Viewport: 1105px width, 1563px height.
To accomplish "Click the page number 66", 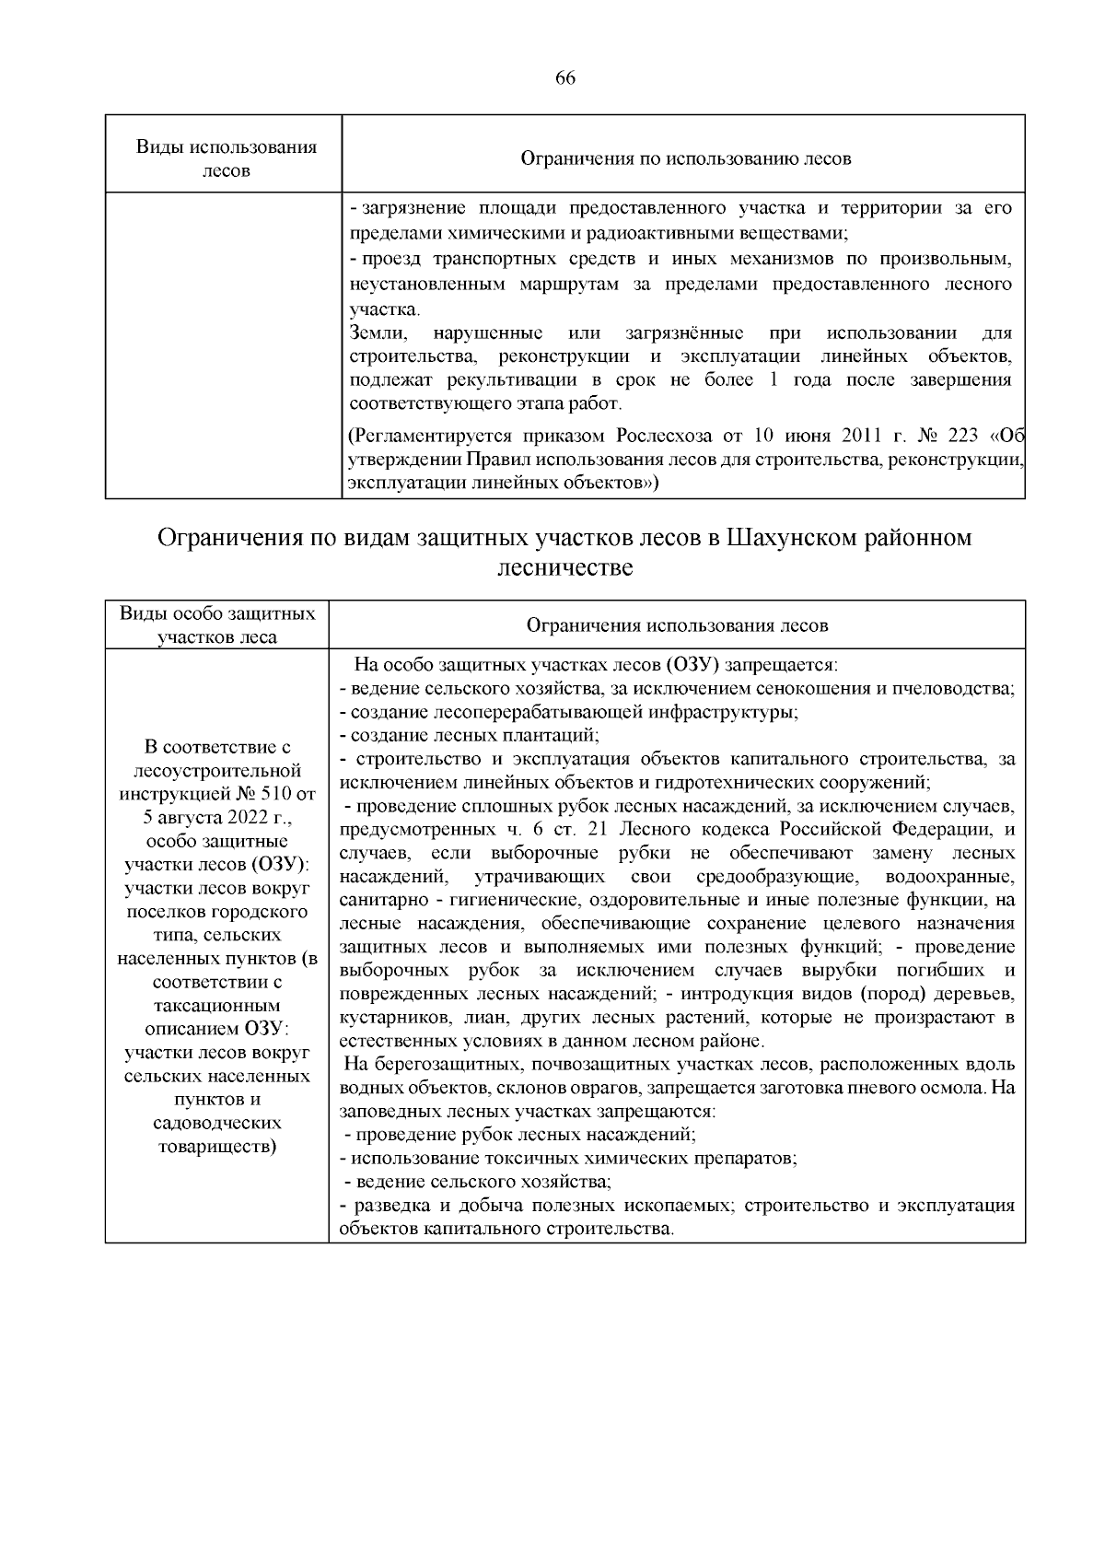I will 564,78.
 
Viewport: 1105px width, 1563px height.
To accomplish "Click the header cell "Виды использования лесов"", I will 226,158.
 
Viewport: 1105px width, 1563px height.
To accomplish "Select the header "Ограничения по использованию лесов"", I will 685,158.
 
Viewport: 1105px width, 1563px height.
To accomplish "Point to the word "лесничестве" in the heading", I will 564,567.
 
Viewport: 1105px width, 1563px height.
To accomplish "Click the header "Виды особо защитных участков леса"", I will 217,624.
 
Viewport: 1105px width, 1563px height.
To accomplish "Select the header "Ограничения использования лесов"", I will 677,625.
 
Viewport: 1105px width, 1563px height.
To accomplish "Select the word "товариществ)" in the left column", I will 217,1147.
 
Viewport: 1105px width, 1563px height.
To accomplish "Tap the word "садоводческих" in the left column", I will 217,1123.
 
